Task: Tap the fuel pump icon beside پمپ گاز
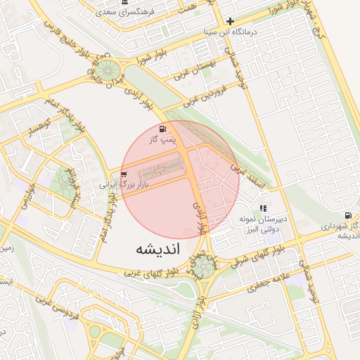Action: pos(163,129)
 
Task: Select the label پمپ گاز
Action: pos(161,141)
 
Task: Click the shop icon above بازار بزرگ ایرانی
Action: pos(124,174)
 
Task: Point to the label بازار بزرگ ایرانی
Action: pos(115,184)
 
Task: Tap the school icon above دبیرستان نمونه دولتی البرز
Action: pos(263,208)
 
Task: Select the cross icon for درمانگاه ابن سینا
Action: pos(230,21)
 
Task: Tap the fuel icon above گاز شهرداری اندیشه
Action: pos(347,215)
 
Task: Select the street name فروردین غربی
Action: pos(207,96)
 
